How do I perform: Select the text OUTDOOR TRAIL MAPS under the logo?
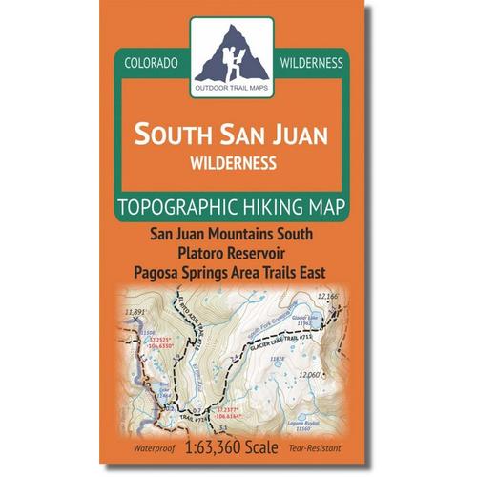click(232, 89)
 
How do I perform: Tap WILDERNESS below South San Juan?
click(232, 160)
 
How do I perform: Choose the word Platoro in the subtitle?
click(205, 253)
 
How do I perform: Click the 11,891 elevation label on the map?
click(135, 313)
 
